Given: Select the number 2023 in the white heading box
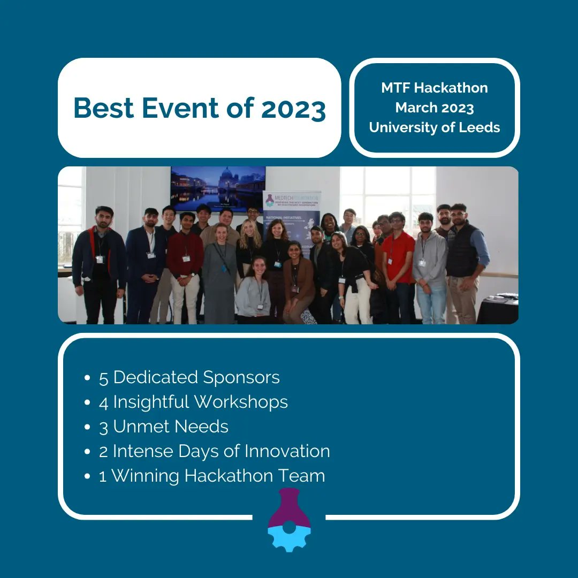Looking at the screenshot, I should [293, 108].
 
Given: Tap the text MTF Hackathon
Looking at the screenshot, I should [435, 88].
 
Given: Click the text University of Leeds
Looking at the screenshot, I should [435, 128].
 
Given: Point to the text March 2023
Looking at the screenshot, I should [435, 108].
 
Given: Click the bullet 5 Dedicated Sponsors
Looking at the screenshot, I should [189, 377].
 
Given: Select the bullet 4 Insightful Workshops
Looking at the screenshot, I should [193, 402].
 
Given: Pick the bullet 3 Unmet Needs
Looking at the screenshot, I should [163, 427].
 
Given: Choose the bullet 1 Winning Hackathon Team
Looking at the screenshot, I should [211, 476].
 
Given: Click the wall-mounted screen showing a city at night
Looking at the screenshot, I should [218, 188].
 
